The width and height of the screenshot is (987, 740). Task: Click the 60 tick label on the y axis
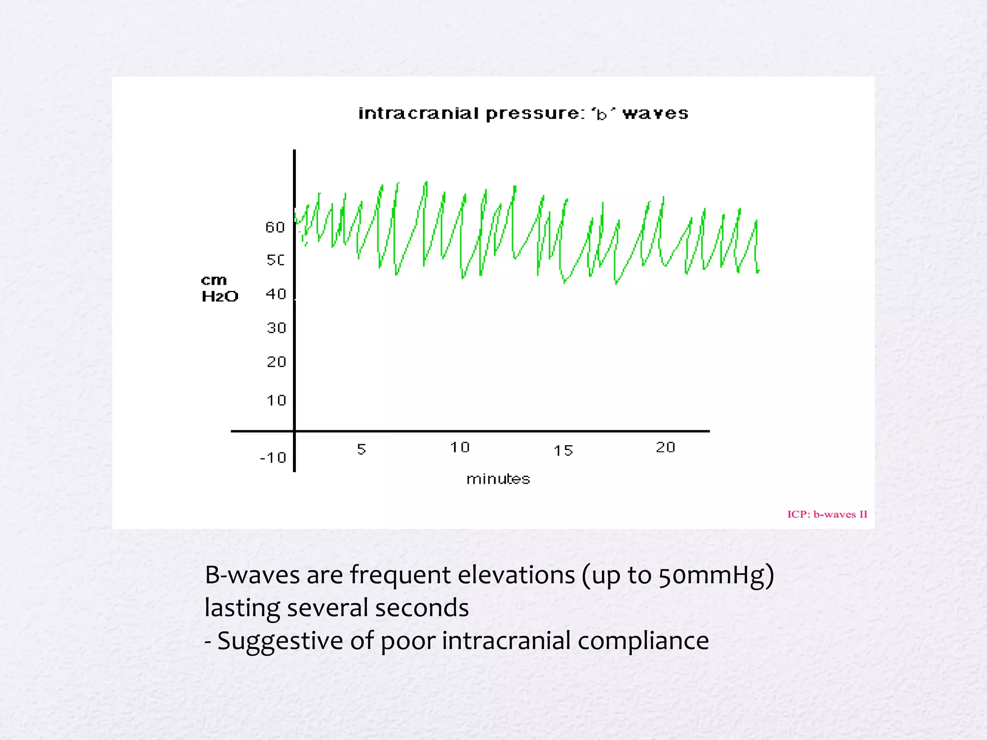tap(275, 227)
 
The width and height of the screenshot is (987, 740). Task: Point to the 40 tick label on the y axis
tap(276, 294)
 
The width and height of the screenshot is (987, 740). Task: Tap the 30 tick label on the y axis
tap(277, 328)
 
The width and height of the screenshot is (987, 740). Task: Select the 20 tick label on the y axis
tap(277, 362)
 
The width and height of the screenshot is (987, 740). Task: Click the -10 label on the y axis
tap(273, 457)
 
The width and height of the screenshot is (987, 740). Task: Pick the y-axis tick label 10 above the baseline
tap(277, 400)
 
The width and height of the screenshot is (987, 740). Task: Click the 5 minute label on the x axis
tap(361, 449)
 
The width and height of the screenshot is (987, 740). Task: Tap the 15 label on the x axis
tap(563, 451)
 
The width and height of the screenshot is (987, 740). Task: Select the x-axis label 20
tap(666, 448)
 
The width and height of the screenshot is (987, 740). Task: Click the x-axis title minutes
tap(498, 479)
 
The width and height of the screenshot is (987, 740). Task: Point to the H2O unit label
tap(220, 296)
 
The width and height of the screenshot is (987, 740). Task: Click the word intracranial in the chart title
tap(418, 114)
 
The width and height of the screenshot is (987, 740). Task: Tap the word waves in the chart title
tap(655, 114)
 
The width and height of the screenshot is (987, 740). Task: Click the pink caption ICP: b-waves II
tap(827, 515)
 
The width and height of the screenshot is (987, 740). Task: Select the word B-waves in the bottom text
tap(252, 575)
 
